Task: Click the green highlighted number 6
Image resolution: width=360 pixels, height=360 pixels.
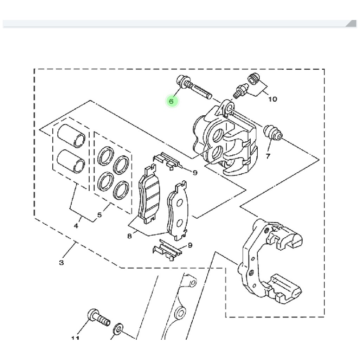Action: coord(171,101)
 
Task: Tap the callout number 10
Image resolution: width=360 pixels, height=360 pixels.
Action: coord(272,99)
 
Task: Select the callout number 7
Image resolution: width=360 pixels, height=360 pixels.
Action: coord(268,156)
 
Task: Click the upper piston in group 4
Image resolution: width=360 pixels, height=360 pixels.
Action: coord(71,135)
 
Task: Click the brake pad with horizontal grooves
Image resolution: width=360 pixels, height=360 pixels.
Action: coord(149,195)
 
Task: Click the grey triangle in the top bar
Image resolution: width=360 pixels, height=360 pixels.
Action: coord(351,24)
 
